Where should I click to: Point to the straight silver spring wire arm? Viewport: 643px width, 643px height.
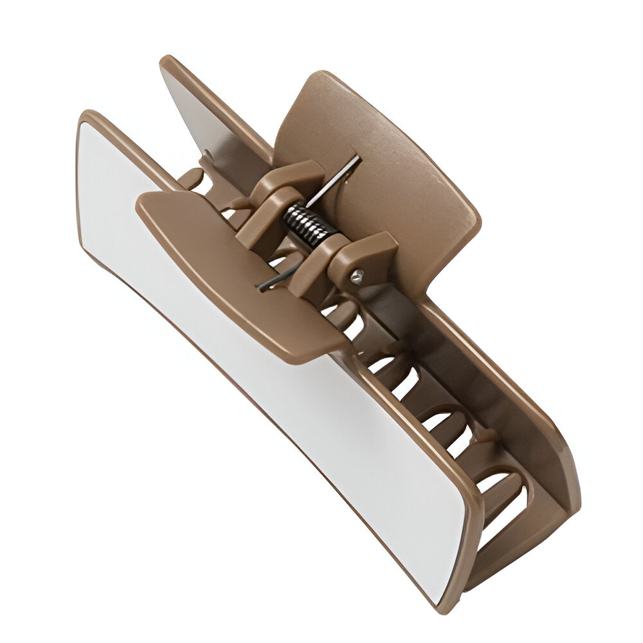[x=334, y=180]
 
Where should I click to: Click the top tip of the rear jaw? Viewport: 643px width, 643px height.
[x=168, y=62]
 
